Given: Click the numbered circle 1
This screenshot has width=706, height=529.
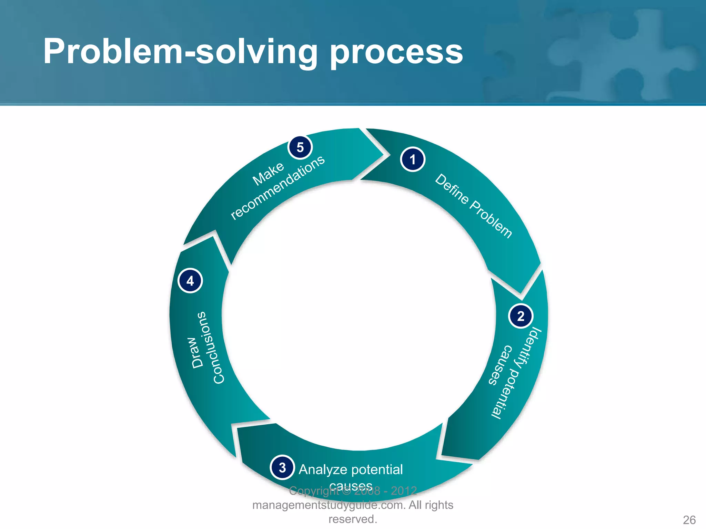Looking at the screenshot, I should pyautogui.click(x=413, y=159).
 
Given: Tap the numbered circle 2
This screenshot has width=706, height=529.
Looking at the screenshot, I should pyautogui.click(x=521, y=316).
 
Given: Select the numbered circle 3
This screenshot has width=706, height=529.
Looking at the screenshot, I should pyautogui.click(x=282, y=467).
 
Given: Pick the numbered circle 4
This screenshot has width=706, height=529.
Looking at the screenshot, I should pyautogui.click(x=190, y=281).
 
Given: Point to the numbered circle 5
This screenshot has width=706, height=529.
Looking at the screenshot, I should pyautogui.click(x=300, y=147).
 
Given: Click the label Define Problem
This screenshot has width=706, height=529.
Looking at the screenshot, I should pyautogui.click(x=474, y=206).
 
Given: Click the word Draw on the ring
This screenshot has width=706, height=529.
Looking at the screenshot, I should pyautogui.click(x=197, y=352).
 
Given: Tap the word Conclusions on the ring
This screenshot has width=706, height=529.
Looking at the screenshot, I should pyautogui.click(x=210, y=348).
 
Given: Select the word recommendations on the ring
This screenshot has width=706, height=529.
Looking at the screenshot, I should pyautogui.click(x=278, y=187).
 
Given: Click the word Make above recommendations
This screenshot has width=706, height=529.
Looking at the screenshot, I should pyautogui.click(x=268, y=174).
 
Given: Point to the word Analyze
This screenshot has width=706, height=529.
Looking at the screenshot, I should pyautogui.click(x=323, y=469).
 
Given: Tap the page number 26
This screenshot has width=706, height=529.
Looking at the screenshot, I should pyautogui.click(x=689, y=520).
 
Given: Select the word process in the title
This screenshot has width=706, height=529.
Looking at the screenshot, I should pyautogui.click(x=396, y=52).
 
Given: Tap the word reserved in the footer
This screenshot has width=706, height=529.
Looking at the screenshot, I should pyautogui.click(x=351, y=519).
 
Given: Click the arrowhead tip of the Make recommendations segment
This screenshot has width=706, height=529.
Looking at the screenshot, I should pyautogui.click(x=383, y=155).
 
